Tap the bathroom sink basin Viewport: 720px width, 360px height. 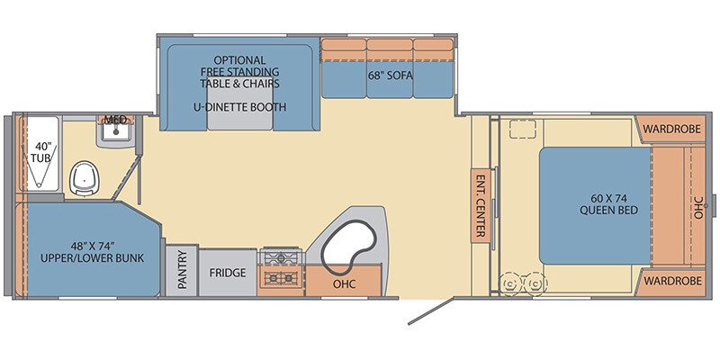point(116,132)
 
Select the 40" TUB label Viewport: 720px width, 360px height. point(41,153)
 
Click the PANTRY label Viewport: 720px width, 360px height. point(182,269)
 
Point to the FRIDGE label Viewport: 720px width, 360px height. point(228,273)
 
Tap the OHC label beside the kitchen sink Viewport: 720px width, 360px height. point(345,284)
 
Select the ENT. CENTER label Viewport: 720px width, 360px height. point(481,205)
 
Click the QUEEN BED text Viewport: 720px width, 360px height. point(609,211)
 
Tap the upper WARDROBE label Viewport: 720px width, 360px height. point(671,129)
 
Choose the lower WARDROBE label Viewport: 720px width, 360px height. point(672,280)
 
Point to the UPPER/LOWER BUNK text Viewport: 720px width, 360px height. point(93,258)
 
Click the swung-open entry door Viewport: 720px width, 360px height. point(431,312)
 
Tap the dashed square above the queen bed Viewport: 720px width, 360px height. point(523,129)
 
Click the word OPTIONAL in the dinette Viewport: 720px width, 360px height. point(239,60)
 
